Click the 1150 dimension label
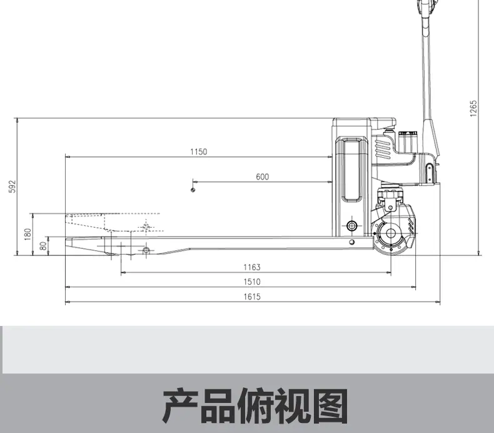coord(199,151)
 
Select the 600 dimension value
coord(263,176)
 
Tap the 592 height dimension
coord(12,186)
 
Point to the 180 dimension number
coord(28,234)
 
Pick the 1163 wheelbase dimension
coord(252,267)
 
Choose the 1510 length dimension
coord(252,282)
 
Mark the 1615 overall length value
coord(252,297)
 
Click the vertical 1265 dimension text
coord(473,108)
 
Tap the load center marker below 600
coord(193,190)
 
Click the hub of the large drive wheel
coord(391,233)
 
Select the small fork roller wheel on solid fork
coord(146,251)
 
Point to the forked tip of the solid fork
coord(66,243)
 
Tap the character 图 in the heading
coord(330,406)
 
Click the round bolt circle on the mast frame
coord(352,225)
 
